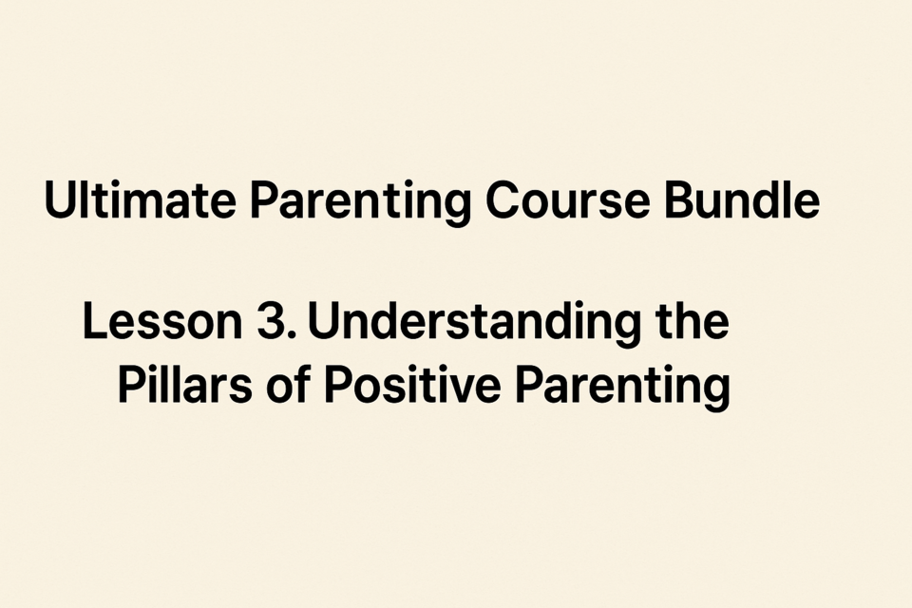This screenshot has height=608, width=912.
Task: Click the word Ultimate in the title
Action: pos(141,199)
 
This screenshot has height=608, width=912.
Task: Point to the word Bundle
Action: pos(742,199)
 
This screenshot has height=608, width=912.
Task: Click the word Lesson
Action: pos(162,321)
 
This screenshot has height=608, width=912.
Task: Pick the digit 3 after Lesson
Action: pos(269,321)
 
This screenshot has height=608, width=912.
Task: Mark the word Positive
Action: pos(412,384)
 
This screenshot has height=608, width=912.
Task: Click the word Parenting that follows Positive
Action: pos(623,387)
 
